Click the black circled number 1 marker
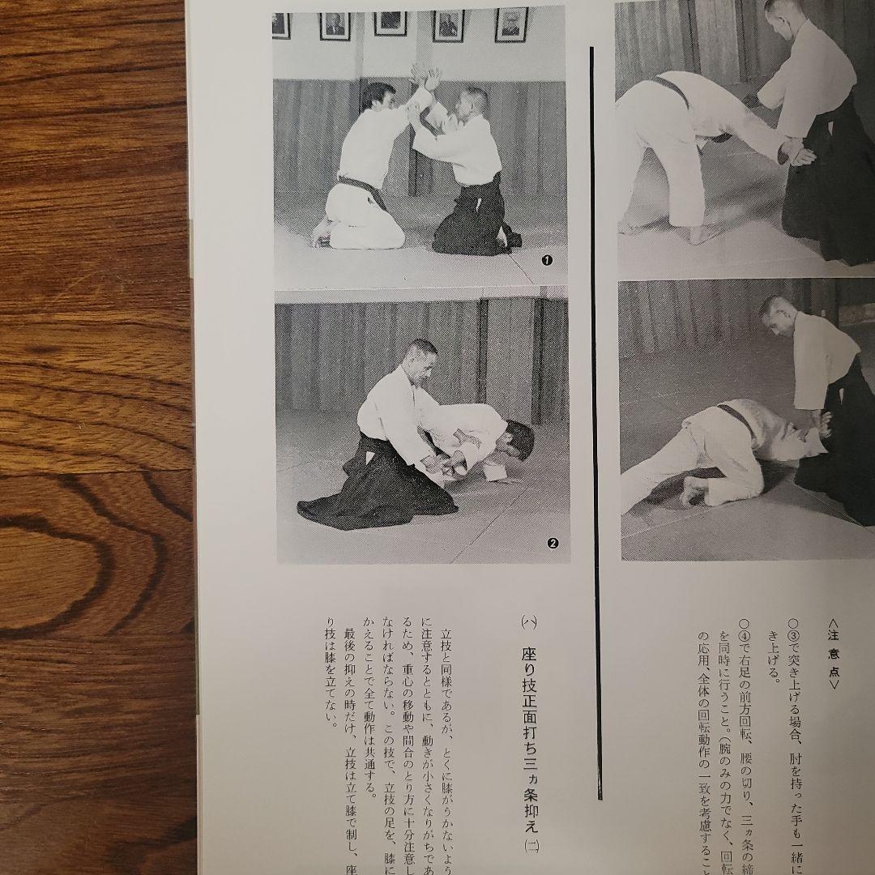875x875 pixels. [546, 260]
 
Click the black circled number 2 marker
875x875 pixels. [553, 544]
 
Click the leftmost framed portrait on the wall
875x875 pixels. [281, 25]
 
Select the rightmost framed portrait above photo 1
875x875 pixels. [510, 25]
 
